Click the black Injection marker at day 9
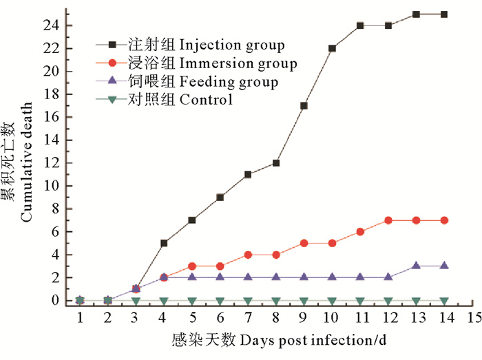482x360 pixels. click(x=304, y=105)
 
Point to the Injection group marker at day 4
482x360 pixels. click(x=164, y=243)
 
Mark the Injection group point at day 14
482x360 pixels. click(x=444, y=14)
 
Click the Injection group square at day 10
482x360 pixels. click(x=332, y=48)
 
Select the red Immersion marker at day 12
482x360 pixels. click(x=388, y=220)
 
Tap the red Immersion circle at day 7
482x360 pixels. click(x=248, y=255)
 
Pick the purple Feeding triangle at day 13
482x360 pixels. click(x=416, y=266)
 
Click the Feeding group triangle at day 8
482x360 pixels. click(x=276, y=277)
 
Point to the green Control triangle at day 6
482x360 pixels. click(x=220, y=301)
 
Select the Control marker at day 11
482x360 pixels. click(x=360, y=301)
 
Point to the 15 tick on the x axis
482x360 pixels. click(x=472, y=319)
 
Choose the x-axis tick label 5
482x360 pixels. click(x=192, y=319)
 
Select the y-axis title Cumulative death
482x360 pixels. click(x=25, y=172)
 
